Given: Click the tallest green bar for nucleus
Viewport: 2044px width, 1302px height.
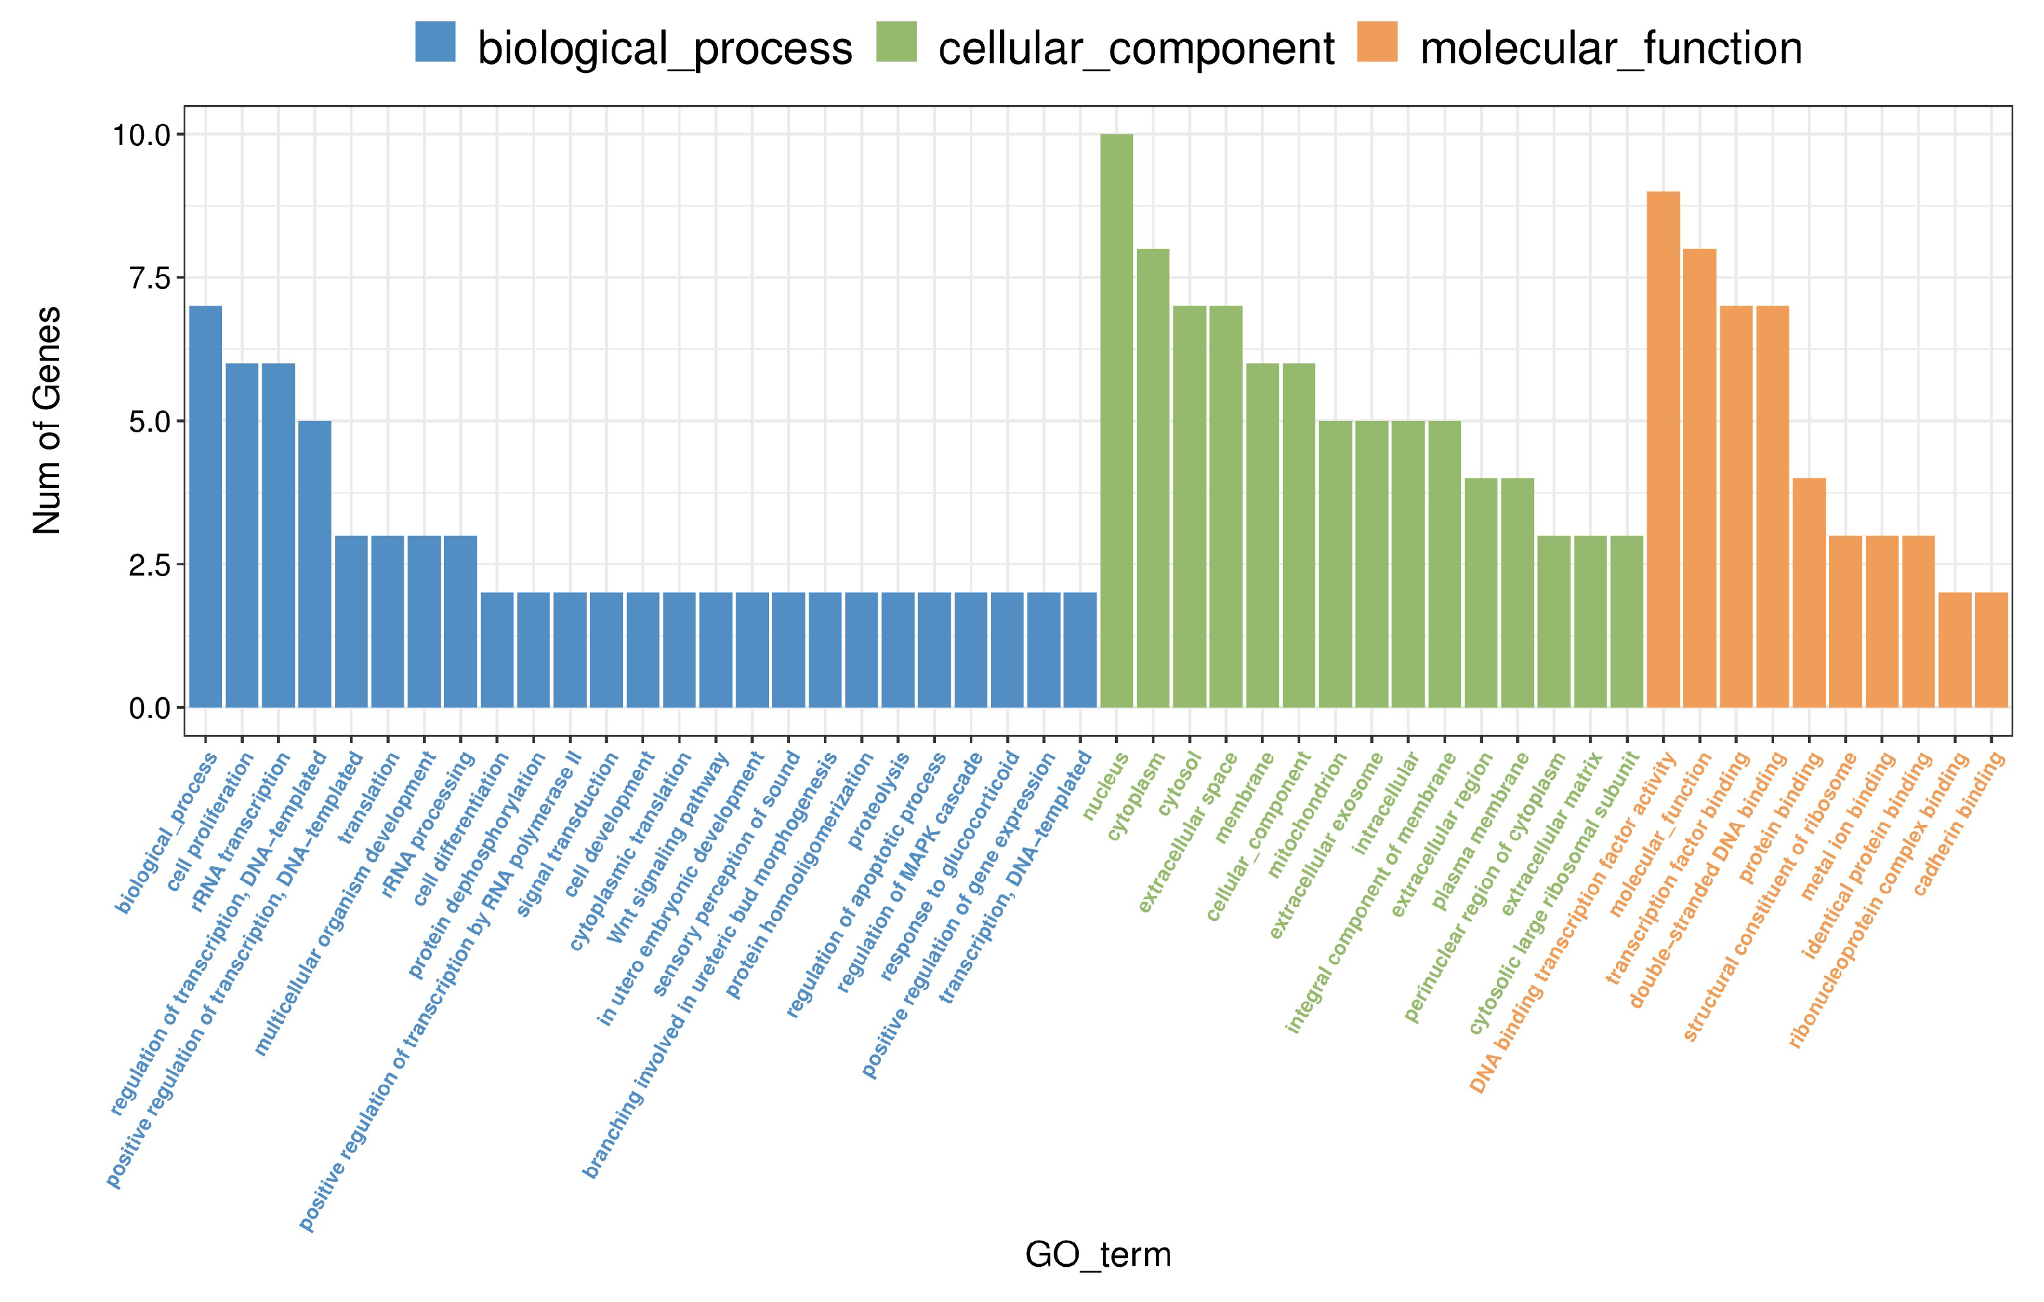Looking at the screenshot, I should (x=1116, y=420).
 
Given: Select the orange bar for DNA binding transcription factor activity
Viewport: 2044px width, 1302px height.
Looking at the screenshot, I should (x=1663, y=450).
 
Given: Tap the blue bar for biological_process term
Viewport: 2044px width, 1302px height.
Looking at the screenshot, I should (x=205, y=506).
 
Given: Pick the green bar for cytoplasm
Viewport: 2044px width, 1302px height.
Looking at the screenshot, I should (x=1153, y=478).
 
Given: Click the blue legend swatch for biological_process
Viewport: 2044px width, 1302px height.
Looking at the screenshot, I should (x=436, y=42).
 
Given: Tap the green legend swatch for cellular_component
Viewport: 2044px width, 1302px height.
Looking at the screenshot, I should (x=896, y=42).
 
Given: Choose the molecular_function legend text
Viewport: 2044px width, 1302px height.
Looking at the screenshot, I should (x=1610, y=49).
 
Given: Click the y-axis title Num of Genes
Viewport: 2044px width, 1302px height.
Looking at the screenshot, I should (x=47, y=420).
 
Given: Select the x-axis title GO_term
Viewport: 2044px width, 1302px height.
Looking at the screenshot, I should (x=1098, y=1253).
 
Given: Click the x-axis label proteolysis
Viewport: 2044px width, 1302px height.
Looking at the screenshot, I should (x=880, y=801).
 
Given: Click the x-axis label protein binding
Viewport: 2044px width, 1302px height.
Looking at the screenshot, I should (x=1781, y=819).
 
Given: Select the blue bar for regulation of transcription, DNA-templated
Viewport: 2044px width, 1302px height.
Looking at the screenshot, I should (x=315, y=565).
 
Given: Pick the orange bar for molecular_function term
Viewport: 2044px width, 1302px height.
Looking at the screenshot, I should (x=1699, y=478).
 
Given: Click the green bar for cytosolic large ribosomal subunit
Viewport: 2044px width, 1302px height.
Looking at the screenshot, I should (x=1626, y=622).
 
